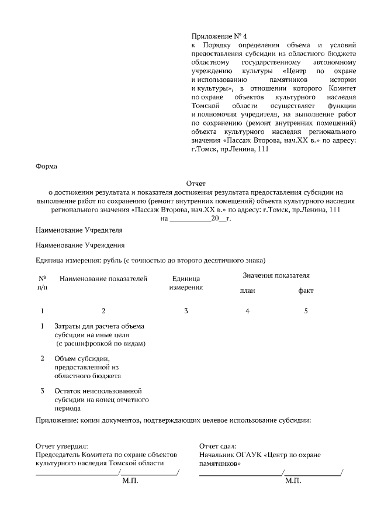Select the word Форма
(47, 167)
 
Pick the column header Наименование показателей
(103, 279)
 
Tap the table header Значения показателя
(276, 275)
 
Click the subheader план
(247, 291)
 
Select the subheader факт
(306, 291)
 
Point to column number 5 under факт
(306, 311)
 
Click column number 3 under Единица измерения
(186, 311)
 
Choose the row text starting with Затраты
(99, 334)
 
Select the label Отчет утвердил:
(61, 446)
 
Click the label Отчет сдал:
(217, 446)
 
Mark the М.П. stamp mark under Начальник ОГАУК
(293, 480)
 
